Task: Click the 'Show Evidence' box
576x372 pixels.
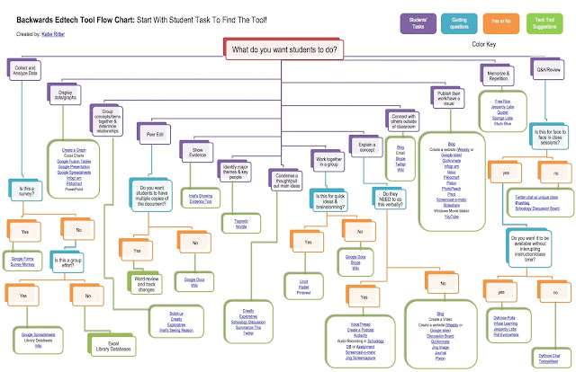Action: click(x=199, y=150)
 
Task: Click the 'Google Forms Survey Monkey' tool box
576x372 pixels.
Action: click(x=27, y=263)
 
